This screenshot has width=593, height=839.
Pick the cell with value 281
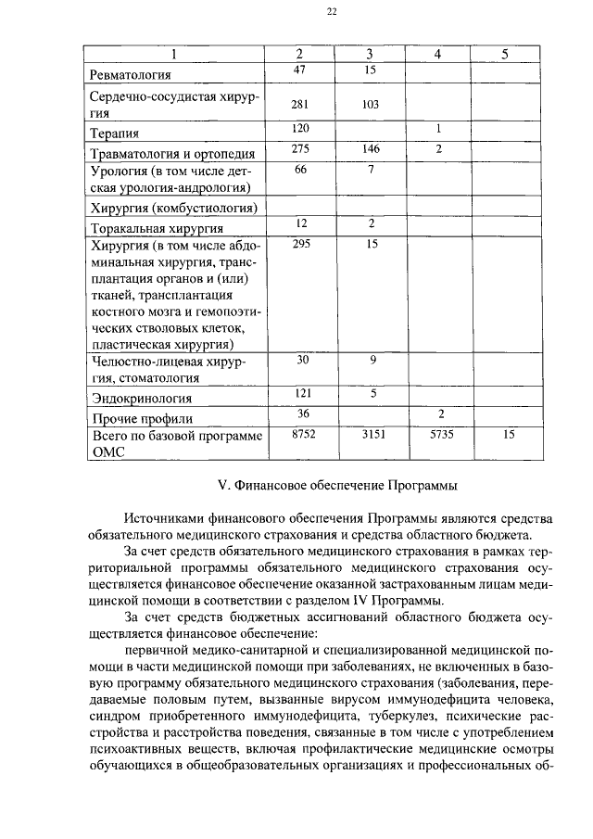point(299,105)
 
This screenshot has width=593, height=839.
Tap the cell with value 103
point(371,105)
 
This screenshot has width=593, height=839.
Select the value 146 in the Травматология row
point(371,148)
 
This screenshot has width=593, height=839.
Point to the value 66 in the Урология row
point(299,170)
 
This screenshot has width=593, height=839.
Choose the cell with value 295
point(299,244)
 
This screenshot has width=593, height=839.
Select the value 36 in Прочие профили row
point(300,413)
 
